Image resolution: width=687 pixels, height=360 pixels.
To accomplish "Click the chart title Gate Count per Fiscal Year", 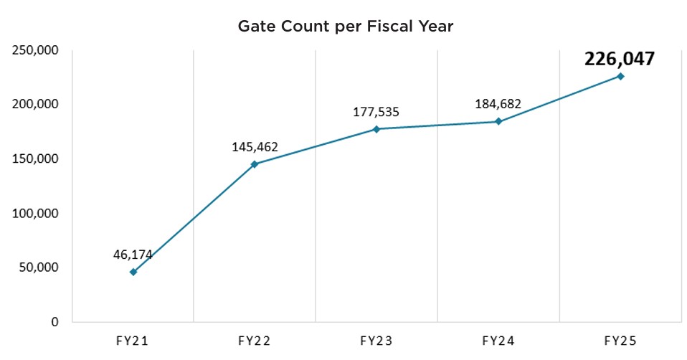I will click(x=346, y=27).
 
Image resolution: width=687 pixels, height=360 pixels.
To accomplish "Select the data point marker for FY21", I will click(x=133, y=272).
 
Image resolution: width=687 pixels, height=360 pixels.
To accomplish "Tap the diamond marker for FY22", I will click(x=255, y=164).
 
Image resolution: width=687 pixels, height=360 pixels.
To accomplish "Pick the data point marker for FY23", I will click(x=376, y=129).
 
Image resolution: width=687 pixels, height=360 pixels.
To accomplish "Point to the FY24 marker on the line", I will click(x=498, y=121).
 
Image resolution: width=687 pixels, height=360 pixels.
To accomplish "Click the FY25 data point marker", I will click(x=620, y=76).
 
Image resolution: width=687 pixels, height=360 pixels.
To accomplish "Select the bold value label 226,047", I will click(x=620, y=58).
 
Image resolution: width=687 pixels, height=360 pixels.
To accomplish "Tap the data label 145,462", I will click(x=255, y=148).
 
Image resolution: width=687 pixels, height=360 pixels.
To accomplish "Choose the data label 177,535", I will click(x=376, y=112).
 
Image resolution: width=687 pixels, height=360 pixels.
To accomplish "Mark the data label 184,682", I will click(x=498, y=104).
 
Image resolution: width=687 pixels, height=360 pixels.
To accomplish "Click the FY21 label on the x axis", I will click(x=133, y=341).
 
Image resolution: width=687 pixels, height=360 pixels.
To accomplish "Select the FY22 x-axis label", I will click(x=255, y=341).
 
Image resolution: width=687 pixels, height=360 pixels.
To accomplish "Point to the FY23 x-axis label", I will click(x=376, y=341).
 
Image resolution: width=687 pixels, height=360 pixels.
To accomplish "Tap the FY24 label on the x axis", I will click(x=498, y=341).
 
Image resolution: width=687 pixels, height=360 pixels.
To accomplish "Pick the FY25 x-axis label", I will click(x=620, y=341).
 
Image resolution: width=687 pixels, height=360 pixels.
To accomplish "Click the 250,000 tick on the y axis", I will click(x=35, y=49).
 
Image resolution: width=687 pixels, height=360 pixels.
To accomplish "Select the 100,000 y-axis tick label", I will click(x=35, y=213).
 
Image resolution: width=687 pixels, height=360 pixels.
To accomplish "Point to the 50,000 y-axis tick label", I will click(x=39, y=267).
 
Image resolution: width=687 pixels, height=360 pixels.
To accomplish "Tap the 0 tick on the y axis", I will click(x=55, y=322).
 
